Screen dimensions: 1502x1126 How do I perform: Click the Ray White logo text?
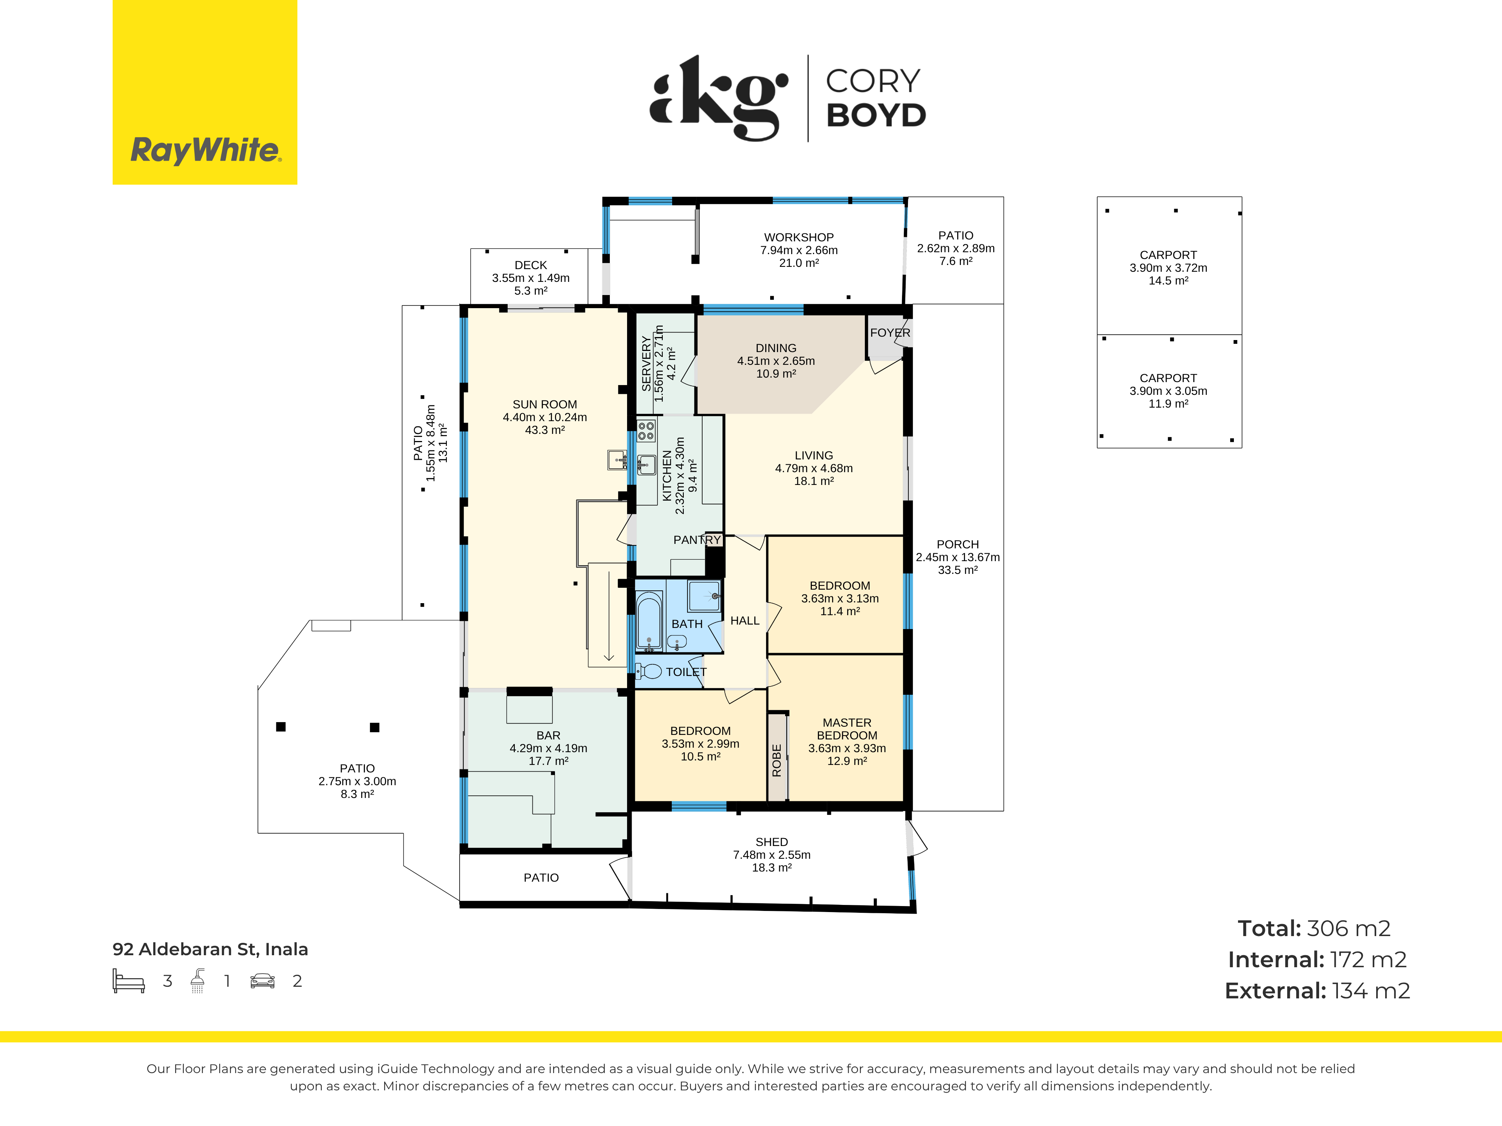coord(205,150)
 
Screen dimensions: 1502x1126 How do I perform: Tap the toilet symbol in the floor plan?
coord(648,671)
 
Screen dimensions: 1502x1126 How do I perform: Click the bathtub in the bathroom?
coord(649,621)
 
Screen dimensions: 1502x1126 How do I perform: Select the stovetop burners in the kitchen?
coord(646,430)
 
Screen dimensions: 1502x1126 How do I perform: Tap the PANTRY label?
coord(697,540)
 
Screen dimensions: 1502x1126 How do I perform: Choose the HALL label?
coord(745,620)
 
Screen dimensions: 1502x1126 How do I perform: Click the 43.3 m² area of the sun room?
coord(544,430)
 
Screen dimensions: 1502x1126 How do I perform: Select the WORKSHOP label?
coord(799,237)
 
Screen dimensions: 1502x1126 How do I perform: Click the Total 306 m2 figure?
coord(1314,928)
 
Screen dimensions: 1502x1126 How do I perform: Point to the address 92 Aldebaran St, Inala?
coord(210,949)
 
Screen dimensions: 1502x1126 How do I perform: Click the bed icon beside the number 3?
coord(129,981)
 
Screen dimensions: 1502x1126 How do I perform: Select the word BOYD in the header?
coord(876,115)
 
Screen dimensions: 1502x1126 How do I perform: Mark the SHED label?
coord(771,841)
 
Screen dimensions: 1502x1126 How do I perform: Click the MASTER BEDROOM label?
coord(847,729)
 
